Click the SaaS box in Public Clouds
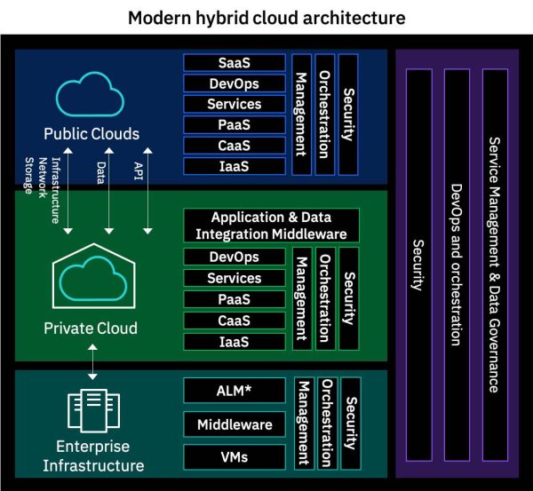[x=235, y=63]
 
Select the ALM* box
[x=235, y=390]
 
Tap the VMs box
[x=235, y=457]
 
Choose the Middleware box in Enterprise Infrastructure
[x=235, y=424]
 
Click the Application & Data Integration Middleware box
[x=271, y=226]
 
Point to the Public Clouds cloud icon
[x=91, y=92]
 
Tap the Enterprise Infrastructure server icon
[x=92, y=411]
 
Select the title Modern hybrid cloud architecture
[x=266, y=18]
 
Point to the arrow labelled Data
[x=107, y=200]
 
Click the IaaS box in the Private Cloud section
[x=235, y=341]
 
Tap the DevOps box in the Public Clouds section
[x=235, y=83]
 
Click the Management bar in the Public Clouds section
[x=301, y=114]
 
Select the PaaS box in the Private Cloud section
[x=235, y=299]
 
